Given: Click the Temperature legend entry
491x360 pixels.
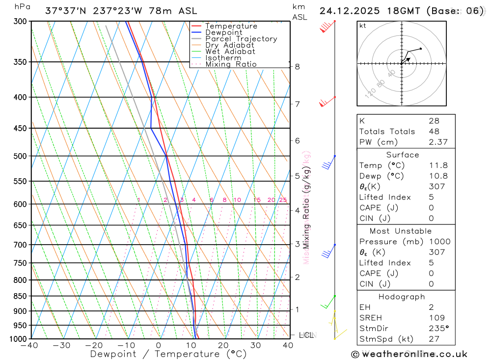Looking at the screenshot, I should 231,26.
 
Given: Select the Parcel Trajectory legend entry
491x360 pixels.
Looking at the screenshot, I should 241,39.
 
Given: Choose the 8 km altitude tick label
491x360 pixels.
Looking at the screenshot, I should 297,66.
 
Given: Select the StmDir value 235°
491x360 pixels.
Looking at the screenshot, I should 438,328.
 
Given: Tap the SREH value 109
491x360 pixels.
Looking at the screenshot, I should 436,318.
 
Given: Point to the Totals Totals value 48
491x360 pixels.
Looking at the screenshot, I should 434,132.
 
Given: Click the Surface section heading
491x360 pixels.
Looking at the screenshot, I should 403,155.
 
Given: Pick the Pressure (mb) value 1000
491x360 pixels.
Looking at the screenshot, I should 438,242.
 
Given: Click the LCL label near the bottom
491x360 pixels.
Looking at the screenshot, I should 306,335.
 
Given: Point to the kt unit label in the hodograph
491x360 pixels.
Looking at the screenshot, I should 363,26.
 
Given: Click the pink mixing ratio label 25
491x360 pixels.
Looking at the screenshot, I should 283,200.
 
